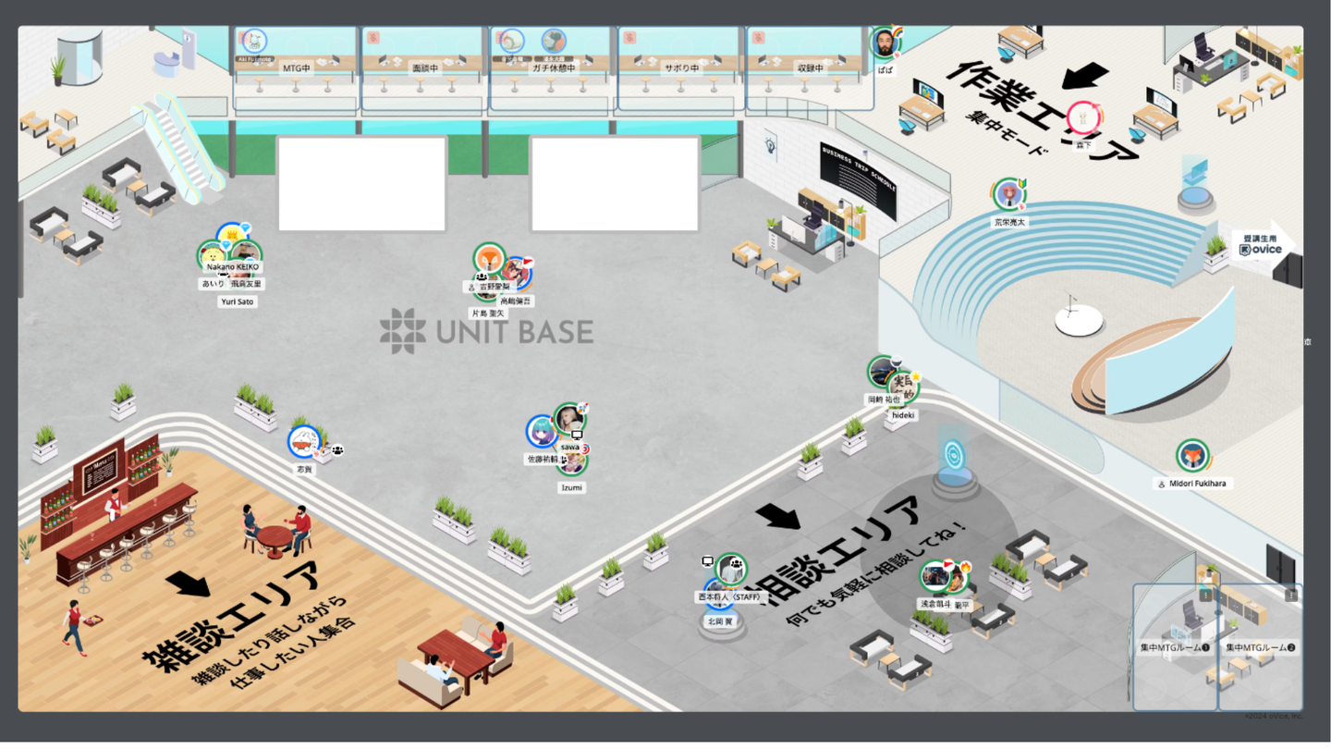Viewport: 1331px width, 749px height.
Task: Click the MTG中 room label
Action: [x=296, y=68]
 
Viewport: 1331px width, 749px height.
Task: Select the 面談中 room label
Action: [x=425, y=68]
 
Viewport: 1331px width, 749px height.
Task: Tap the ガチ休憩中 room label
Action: [x=553, y=68]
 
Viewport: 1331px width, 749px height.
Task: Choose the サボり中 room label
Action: [x=680, y=68]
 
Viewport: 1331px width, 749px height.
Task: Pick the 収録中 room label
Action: [x=810, y=68]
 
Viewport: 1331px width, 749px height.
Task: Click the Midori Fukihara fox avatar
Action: [x=1192, y=456]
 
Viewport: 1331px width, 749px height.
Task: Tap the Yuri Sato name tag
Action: [x=238, y=301]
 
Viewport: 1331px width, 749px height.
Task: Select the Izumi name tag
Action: [x=572, y=487]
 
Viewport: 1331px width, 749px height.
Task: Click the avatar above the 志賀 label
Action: [x=303, y=442]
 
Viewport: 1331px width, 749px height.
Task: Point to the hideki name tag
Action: [x=902, y=416]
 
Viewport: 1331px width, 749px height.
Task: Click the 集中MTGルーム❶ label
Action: [x=1175, y=648]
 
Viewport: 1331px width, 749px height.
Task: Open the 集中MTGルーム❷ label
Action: [x=1260, y=648]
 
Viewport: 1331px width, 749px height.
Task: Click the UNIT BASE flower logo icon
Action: [x=403, y=331]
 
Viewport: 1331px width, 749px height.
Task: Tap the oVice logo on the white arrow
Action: [x=1261, y=248]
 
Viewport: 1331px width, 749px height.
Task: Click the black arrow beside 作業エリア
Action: [x=1085, y=75]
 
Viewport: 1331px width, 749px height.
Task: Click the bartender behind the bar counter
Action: [x=113, y=504]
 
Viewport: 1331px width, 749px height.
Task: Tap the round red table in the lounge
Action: [x=274, y=536]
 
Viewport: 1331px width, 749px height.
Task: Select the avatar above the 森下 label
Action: [x=1082, y=118]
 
